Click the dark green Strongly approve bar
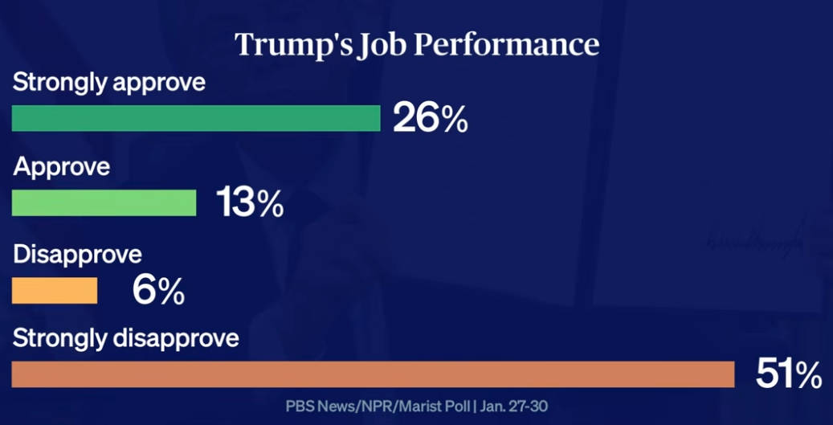[x=195, y=118]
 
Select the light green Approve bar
[x=104, y=203]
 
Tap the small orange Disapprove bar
[x=55, y=291]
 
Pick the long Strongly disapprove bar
[x=373, y=374]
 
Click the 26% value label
[x=430, y=119]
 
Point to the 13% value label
[x=250, y=204]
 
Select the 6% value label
[x=158, y=291]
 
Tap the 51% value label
[x=789, y=374]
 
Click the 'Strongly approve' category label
[x=109, y=82]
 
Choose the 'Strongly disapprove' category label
[x=126, y=338]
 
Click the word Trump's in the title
[x=289, y=45]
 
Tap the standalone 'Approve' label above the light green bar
[x=62, y=167]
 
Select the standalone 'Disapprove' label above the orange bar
[x=78, y=255]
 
